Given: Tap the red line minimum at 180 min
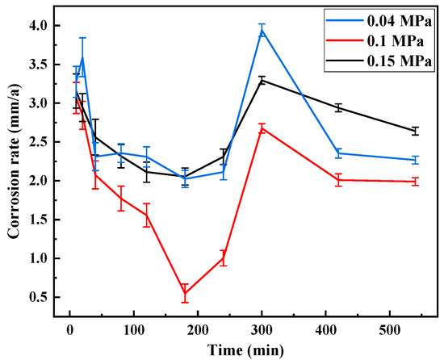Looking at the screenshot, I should click(x=185, y=293).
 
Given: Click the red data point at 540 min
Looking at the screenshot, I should click(x=415, y=182).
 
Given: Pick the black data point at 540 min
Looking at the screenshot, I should click(x=415, y=131).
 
